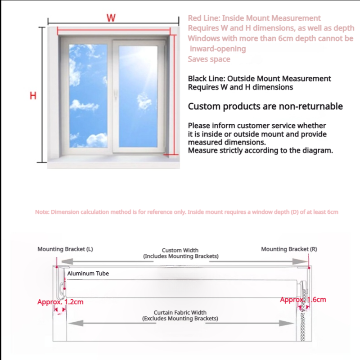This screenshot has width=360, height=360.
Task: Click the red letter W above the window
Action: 111,18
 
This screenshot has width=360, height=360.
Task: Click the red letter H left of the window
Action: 33,96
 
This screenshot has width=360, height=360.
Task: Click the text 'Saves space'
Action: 209,59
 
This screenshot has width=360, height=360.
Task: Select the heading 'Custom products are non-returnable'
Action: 265,107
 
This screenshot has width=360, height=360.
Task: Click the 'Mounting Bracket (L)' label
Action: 65,249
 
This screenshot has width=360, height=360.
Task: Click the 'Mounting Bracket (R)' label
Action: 289,249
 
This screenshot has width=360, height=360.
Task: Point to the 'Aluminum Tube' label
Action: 88,273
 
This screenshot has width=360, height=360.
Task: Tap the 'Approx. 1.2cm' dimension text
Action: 60,302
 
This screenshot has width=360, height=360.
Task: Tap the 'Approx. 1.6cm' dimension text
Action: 303,299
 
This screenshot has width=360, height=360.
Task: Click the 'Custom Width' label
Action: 180,250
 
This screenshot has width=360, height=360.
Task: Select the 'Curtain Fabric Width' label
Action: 180,312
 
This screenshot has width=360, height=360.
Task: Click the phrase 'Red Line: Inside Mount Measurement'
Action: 254,18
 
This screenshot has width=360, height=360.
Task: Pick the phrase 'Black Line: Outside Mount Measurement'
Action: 259,79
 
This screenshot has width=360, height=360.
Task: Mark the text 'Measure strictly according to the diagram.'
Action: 260,150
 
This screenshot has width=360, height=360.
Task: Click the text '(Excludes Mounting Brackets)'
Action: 180,319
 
